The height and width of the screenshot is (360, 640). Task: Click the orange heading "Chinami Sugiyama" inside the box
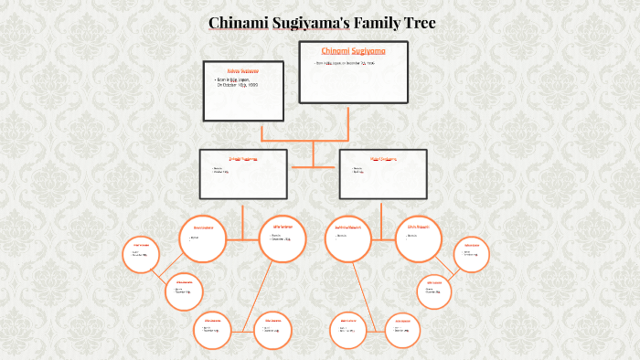(354, 50)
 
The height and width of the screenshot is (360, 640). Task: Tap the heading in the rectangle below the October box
(242, 158)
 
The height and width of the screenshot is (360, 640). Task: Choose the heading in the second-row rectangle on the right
(381, 158)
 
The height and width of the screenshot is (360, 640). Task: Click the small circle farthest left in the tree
(141, 255)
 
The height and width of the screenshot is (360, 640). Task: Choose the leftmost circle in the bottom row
(213, 330)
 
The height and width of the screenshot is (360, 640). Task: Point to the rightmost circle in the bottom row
(403, 331)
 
